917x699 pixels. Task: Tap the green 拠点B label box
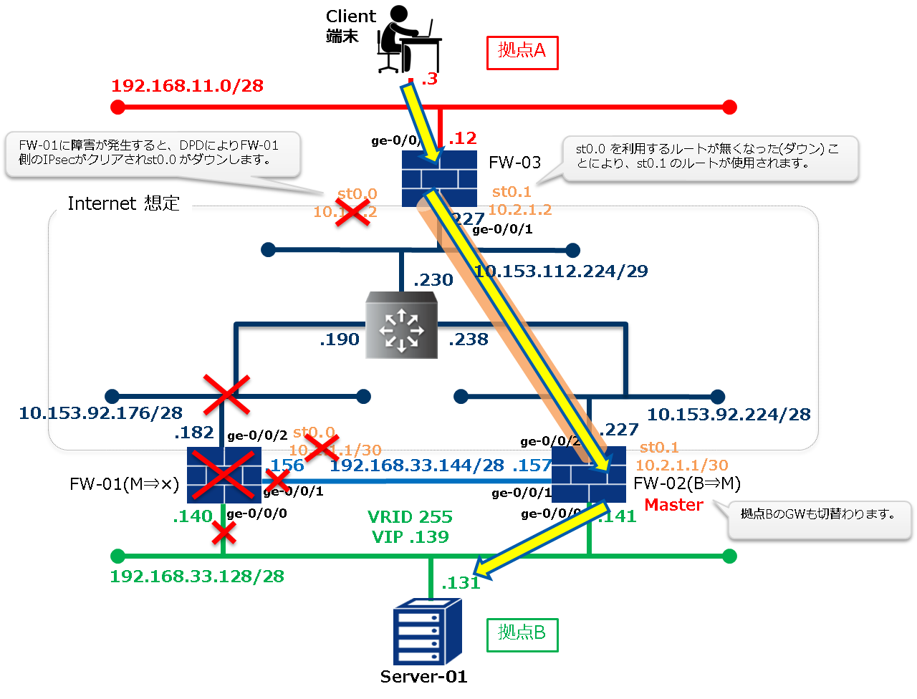pos(522,633)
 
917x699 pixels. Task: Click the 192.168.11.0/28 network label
pos(188,86)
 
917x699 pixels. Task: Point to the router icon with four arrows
pos(400,325)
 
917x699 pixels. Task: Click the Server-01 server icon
pos(427,632)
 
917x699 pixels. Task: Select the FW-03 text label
pos(514,163)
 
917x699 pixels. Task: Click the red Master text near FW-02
pos(673,505)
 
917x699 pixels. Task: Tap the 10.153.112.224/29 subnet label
pos(562,271)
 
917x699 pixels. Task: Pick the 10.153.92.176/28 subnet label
pos(101,413)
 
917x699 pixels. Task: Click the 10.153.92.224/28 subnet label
pos(729,415)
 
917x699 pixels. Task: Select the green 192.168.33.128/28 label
pos(197,577)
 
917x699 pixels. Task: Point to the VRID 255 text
pos(410,517)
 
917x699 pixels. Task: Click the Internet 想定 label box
pos(123,204)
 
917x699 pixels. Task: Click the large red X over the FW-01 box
pos(224,474)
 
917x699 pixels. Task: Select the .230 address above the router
pos(433,280)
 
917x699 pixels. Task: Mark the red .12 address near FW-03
pos(462,138)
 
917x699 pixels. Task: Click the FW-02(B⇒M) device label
pos(687,483)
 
